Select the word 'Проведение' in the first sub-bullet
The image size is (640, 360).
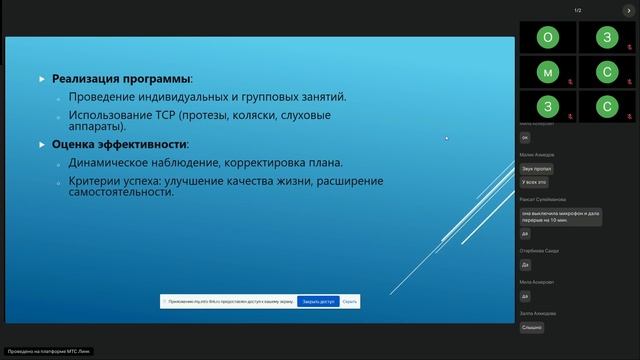(x=105, y=97)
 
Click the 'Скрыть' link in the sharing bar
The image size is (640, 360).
(x=349, y=301)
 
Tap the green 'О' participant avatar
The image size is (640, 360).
(x=547, y=37)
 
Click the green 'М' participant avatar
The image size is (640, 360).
(x=547, y=72)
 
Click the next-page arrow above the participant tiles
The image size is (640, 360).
(x=631, y=10)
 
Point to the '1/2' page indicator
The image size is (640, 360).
(x=578, y=10)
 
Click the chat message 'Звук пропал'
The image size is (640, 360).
(x=534, y=168)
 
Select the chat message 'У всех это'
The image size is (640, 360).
(x=534, y=182)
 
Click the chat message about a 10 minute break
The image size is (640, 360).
(x=559, y=216)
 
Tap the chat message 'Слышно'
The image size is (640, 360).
(x=532, y=327)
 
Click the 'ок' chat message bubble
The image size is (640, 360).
(x=525, y=137)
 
